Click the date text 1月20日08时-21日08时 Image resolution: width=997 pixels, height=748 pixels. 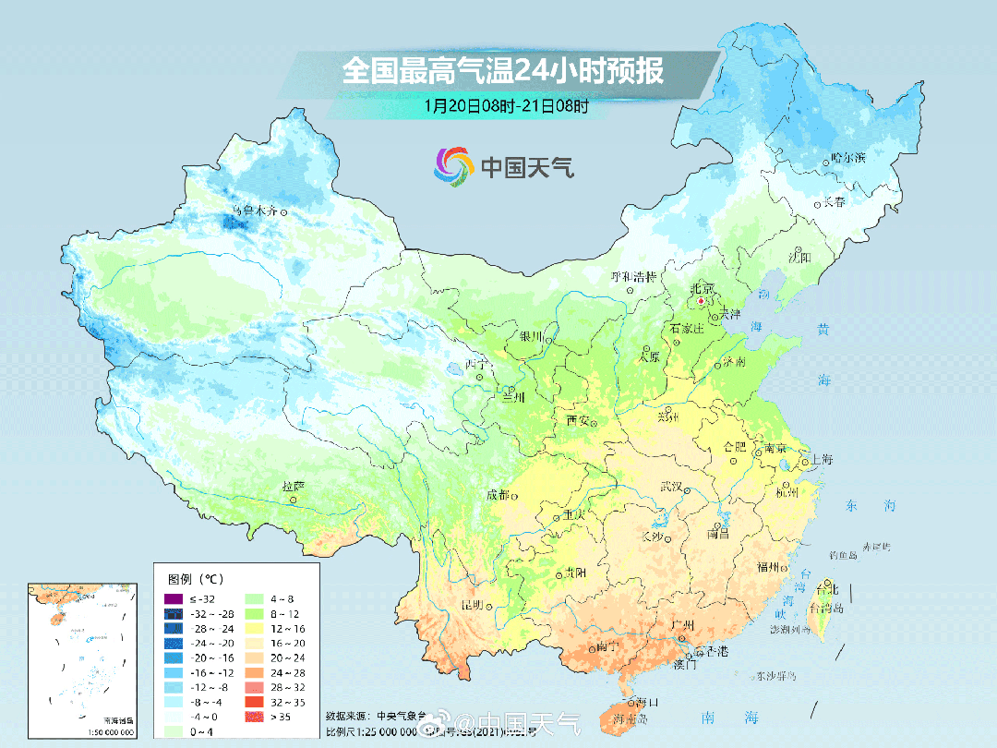507,105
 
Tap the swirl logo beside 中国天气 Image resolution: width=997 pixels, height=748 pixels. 453,165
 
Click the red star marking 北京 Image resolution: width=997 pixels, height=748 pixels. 702,301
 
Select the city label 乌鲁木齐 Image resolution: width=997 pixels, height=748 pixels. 253,211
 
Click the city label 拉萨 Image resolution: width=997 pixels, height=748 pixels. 293,486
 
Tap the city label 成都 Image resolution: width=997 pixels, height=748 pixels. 497,495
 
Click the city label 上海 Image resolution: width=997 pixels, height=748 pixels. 821,460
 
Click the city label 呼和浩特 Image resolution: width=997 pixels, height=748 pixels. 633,276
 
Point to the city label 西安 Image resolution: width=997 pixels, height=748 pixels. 578,420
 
